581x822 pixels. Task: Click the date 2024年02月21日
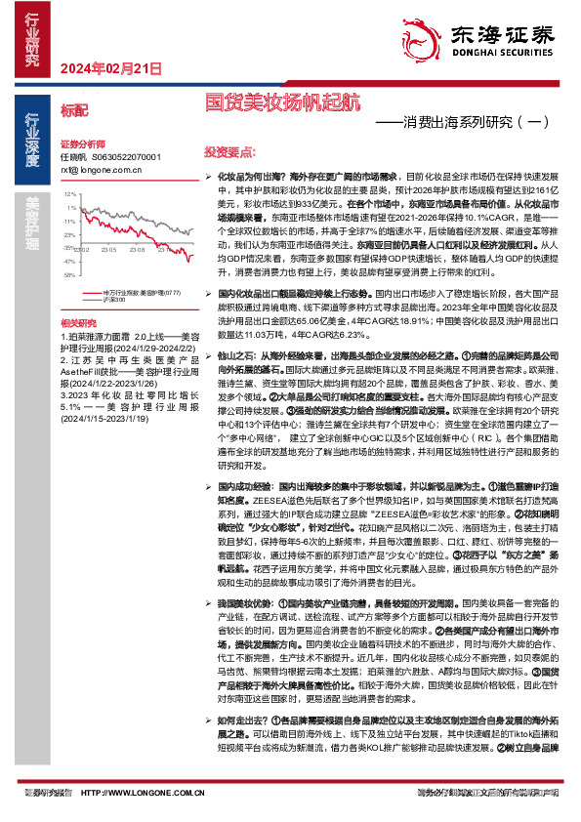[110, 67]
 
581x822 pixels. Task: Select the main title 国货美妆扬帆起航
[282, 101]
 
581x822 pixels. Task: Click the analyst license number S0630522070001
[125, 156]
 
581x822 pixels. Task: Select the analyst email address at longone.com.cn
[100, 169]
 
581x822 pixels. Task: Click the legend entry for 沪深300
[115, 297]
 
